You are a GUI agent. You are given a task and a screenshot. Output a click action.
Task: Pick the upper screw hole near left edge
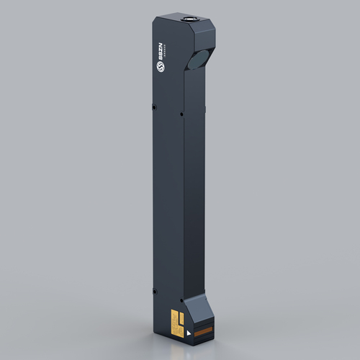tap(155, 108)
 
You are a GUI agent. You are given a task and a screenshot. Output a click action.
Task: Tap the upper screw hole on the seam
tap(180, 113)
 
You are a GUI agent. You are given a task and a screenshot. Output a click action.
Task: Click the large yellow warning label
tap(174, 321)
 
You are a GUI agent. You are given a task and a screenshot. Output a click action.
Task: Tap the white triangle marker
tap(189, 333)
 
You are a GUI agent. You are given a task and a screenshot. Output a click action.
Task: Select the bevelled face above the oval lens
tap(204, 36)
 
